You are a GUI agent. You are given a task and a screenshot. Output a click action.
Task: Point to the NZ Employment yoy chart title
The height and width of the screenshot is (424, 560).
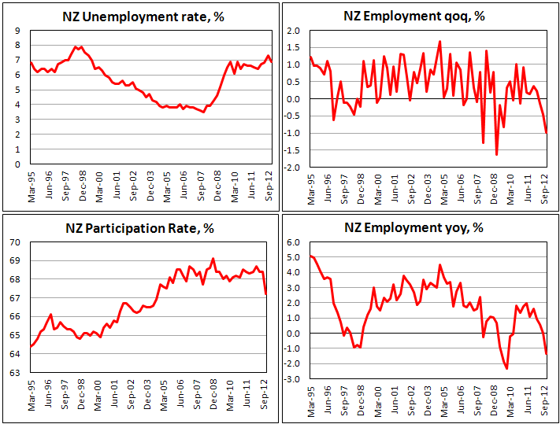click(421, 228)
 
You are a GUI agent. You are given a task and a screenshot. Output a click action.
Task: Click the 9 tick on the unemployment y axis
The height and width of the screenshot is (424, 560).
click(18, 30)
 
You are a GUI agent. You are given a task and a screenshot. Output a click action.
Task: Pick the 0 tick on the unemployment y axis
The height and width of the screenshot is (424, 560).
click(18, 164)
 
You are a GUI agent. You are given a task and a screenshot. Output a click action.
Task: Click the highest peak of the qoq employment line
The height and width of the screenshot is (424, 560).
click(439, 42)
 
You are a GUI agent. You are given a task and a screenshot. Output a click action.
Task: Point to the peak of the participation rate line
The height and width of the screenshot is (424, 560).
click(213, 258)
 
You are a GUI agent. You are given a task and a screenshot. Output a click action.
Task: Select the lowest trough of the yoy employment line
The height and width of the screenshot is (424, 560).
click(506, 368)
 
